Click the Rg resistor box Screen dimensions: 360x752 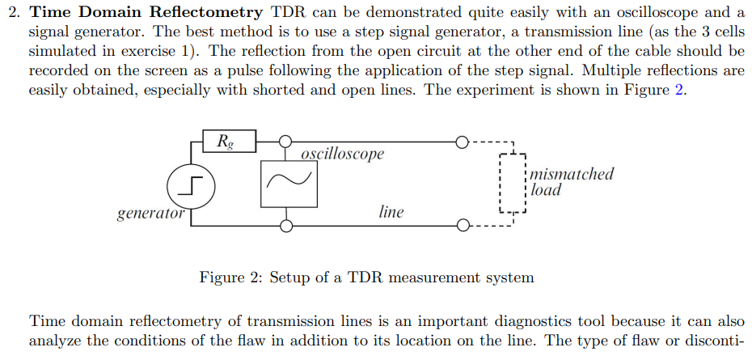(229, 141)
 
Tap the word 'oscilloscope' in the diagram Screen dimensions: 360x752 (342, 154)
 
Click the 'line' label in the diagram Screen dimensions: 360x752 (391, 212)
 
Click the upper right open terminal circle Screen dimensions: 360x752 (461, 142)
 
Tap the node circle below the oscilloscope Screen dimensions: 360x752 (285, 225)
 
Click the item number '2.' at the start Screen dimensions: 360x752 (14, 12)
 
